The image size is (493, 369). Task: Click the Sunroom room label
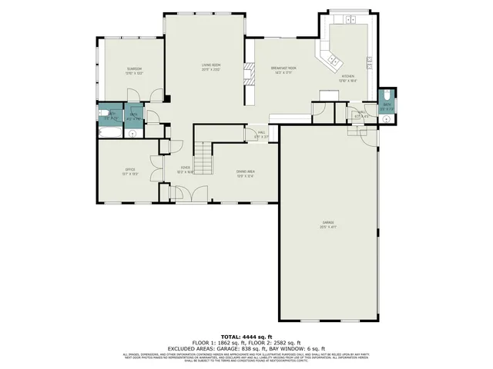point(135,71)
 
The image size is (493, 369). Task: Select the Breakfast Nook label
point(283,69)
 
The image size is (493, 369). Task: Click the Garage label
point(328,225)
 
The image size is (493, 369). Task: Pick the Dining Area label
point(245,174)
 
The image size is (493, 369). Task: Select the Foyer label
point(186,170)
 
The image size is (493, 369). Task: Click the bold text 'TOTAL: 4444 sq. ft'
point(246,337)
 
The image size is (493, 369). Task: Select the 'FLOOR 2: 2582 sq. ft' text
point(280,342)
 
